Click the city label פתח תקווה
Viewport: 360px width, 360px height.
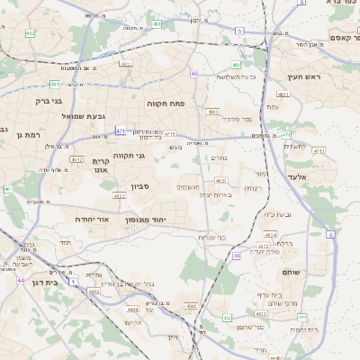pyautogui.click(x=166, y=103)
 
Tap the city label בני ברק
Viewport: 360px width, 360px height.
pyautogui.click(x=48, y=102)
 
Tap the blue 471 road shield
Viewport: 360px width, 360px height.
pyautogui.click(x=121, y=131)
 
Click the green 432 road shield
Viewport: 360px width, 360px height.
pyautogui.click(x=31, y=33)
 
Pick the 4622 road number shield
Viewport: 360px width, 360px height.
pyautogui.click(x=119, y=195)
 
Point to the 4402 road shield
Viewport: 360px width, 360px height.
pyautogui.click(x=93, y=292)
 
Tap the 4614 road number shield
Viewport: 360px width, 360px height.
pyautogui.click(x=266, y=234)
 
